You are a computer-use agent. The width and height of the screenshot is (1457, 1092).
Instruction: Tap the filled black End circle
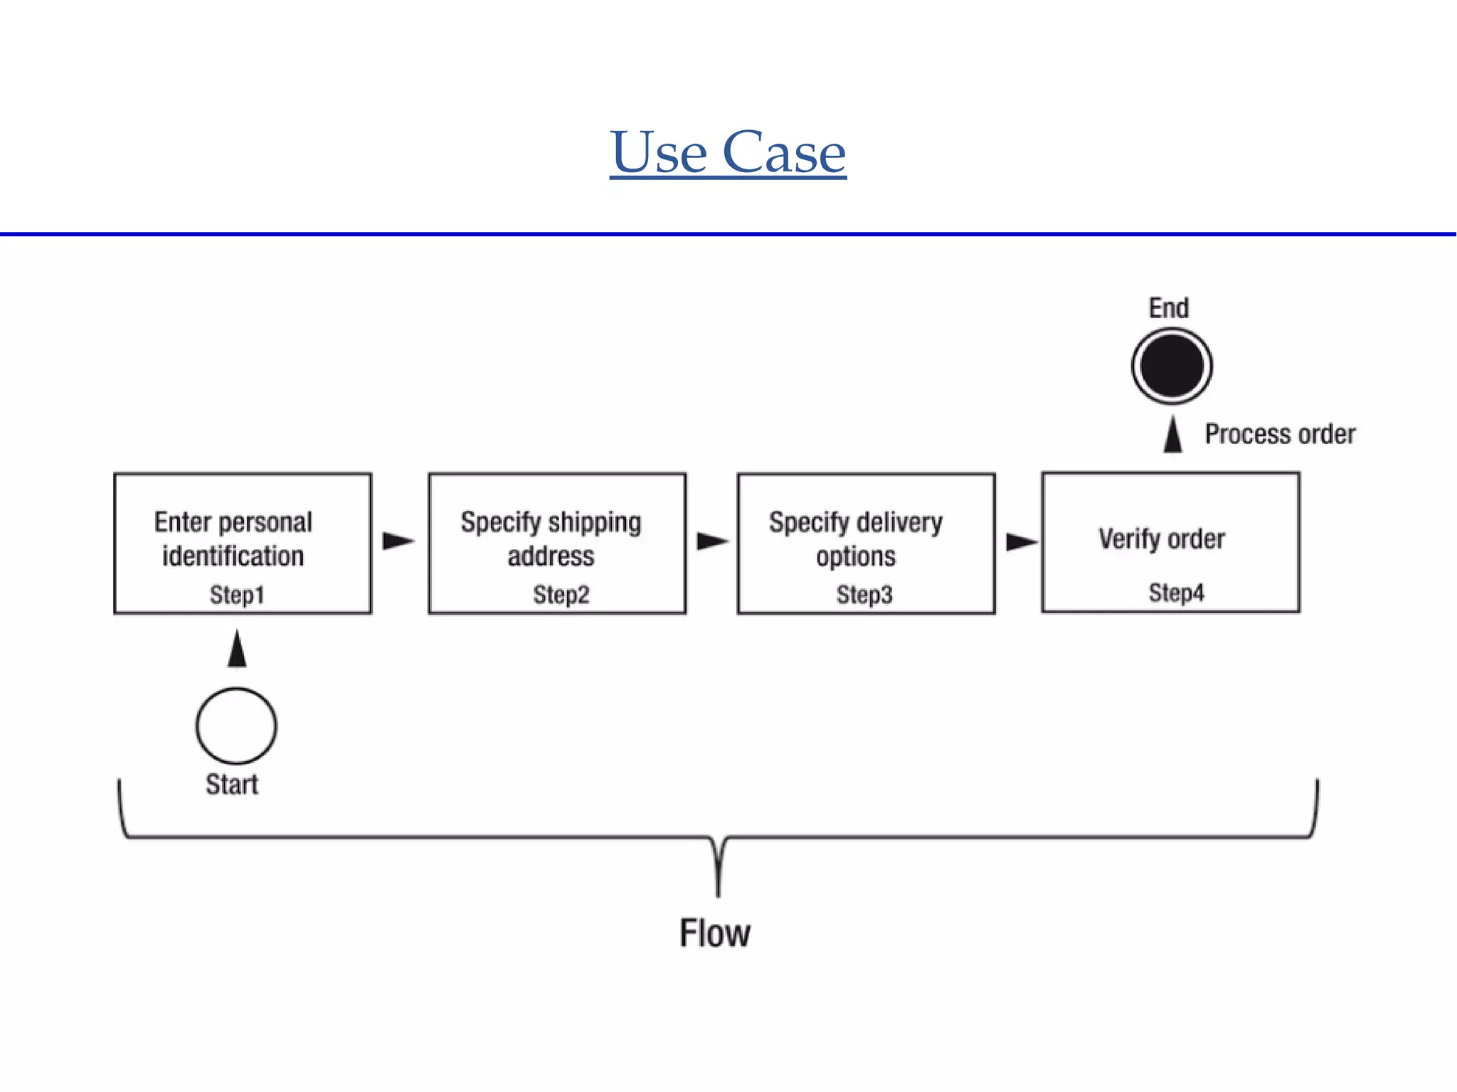click(1172, 366)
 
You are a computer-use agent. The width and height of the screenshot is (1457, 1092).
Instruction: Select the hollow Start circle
click(236, 726)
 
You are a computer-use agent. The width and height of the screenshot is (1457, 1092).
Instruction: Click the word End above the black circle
click(1169, 308)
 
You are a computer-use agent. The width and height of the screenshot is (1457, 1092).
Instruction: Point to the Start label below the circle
click(232, 784)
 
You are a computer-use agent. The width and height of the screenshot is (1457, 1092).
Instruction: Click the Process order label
click(1280, 434)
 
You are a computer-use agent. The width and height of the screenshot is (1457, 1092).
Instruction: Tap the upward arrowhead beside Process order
click(1173, 435)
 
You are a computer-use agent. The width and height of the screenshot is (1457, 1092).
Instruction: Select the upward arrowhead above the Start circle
click(237, 649)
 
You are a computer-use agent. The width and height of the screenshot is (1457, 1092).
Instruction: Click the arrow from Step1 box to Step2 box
click(398, 541)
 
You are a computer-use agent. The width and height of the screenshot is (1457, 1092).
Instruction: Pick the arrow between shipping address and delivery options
click(712, 541)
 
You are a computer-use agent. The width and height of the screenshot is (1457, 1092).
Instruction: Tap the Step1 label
click(237, 595)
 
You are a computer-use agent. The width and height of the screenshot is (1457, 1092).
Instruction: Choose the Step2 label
click(561, 595)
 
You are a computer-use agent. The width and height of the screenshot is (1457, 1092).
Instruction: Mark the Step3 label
click(864, 595)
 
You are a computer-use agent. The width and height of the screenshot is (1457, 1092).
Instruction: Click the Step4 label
click(1176, 593)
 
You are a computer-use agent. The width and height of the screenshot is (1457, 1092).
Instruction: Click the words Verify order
click(1162, 539)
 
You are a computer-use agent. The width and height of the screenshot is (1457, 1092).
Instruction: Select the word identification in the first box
click(233, 556)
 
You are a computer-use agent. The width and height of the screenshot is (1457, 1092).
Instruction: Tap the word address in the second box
click(551, 556)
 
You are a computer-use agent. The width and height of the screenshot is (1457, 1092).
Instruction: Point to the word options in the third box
click(856, 556)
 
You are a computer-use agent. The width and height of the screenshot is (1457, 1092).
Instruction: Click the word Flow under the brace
click(715, 933)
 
